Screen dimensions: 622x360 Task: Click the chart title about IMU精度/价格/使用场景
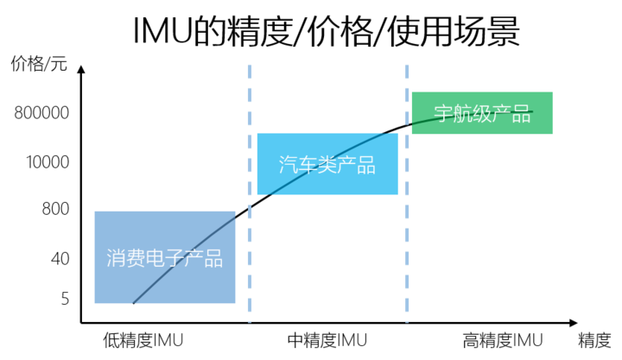pyautogui.click(x=326, y=32)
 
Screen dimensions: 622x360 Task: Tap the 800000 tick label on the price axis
pyautogui.click(x=41, y=113)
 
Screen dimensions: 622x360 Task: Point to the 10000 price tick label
pyautogui.click(x=48, y=162)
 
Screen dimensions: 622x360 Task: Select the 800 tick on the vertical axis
pyautogui.click(x=55, y=209)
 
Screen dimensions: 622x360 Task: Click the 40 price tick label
pyautogui.click(x=60, y=259)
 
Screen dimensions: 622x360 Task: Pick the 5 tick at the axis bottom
pyautogui.click(x=65, y=299)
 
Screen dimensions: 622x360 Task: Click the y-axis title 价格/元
pyautogui.click(x=39, y=63)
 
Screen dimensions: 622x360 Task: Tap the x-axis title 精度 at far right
pyautogui.click(x=594, y=340)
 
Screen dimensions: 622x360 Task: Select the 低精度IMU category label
pyautogui.click(x=143, y=340)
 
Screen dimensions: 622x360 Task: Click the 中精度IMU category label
pyautogui.click(x=327, y=340)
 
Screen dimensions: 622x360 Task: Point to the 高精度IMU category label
pyautogui.click(x=503, y=340)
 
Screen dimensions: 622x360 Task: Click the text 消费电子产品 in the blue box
pyautogui.click(x=165, y=258)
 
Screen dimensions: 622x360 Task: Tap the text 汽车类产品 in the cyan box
pyautogui.click(x=327, y=165)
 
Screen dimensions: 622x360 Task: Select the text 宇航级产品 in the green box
pyautogui.click(x=482, y=114)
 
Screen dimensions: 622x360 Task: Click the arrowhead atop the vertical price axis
pyautogui.click(x=81, y=69)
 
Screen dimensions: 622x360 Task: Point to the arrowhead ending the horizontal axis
pyautogui.click(x=574, y=323)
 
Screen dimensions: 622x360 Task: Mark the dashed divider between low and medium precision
pyautogui.click(x=250, y=194)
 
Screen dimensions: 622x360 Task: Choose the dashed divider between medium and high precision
pyautogui.click(x=407, y=194)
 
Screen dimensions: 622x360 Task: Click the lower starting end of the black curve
pyautogui.click(x=133, y=303)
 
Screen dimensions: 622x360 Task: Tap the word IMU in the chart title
pyautogui.click(x=162, y=32)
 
